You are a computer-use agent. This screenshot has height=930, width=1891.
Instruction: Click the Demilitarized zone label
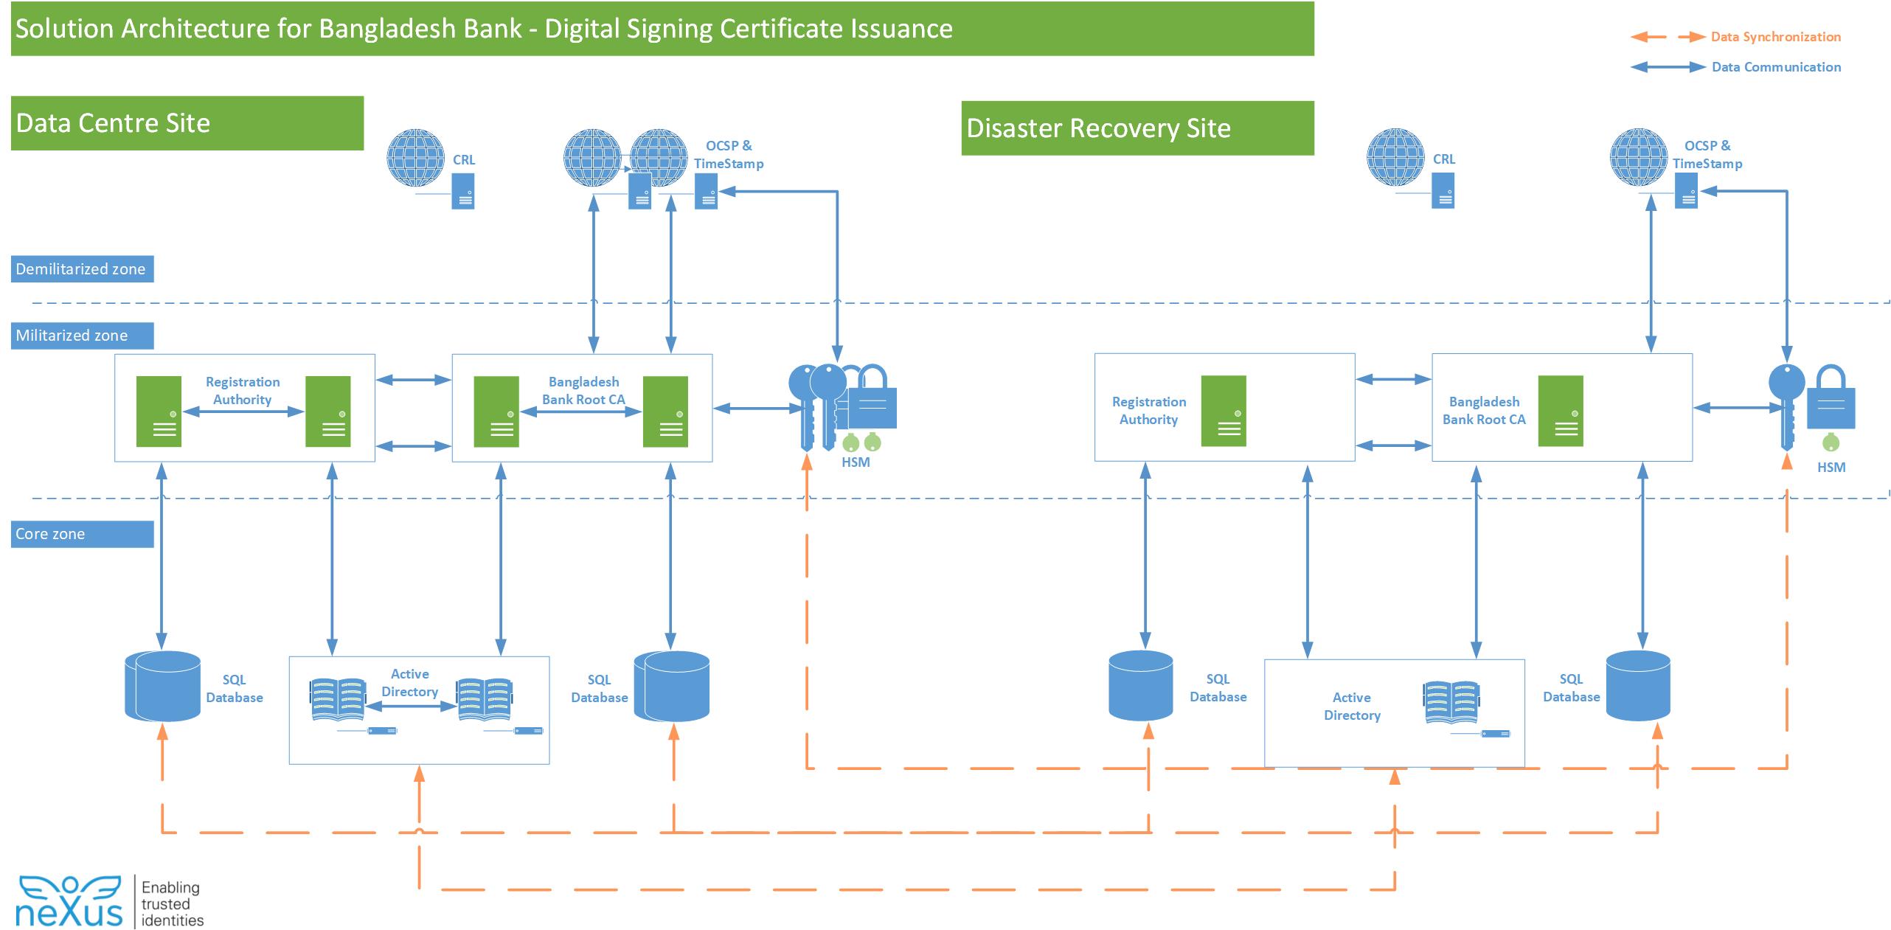click(81, 269)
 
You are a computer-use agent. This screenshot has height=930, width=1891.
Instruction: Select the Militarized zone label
click(72, 336)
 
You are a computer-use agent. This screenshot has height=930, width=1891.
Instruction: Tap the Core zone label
click(50, 534)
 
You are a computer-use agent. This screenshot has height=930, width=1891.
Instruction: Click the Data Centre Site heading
click(113, 123)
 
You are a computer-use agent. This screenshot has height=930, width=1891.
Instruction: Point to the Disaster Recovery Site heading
click(1098, 128)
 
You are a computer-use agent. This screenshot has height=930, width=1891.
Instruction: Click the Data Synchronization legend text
click(1775, 37)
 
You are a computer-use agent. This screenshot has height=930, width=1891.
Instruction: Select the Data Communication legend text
click(1776, 67)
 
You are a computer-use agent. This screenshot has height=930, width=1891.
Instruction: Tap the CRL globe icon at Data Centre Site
click(416, 156)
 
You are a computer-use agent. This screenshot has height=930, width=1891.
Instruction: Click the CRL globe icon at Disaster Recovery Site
click(1395, 156)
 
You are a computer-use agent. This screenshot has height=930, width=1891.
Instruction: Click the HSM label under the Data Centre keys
click(856, 462)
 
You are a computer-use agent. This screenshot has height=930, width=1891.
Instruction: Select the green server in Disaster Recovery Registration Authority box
click(1224, 411)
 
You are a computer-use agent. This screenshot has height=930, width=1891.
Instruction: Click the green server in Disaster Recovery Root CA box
click(1561, 411)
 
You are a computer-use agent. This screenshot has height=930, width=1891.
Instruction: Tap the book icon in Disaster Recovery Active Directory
click(1451, 702)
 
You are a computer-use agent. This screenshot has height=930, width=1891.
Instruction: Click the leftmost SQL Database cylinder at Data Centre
click(162, 686)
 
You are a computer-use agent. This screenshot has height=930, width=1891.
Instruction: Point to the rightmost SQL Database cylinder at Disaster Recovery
click(1638, 686)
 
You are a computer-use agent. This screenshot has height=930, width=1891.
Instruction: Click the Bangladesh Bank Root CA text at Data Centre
click(583, 391)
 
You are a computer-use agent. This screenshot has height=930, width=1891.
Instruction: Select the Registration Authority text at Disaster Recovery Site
click(1149, 411)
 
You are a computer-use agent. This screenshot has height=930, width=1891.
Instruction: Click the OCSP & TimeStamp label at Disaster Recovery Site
click(1707, 155)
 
